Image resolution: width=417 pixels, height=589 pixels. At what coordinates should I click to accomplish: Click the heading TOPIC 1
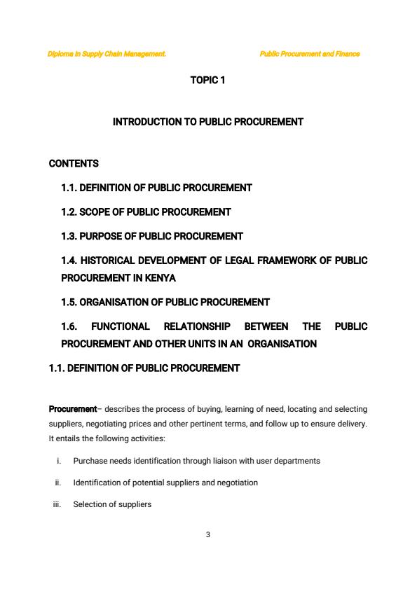pyautogui.click(x=207, y=81)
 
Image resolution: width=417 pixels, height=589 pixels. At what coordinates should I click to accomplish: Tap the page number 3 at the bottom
pyautogui.click(x=208, y=535)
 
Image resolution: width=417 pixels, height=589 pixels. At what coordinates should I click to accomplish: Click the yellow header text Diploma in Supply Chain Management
pyautogui.click(x=107, y=54)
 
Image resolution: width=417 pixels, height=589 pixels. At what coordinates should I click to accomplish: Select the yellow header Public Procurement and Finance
pyautogui.click(x=309, y=54)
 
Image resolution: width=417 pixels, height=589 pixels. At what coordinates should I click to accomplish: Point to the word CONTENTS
pyautogui.click(x=74, y=164)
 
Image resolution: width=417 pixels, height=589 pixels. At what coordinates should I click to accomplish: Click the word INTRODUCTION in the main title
pyautogui.click(x=146, y=122)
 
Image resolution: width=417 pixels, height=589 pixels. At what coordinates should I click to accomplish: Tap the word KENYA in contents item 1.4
pyautogui.click(x=160, y=278)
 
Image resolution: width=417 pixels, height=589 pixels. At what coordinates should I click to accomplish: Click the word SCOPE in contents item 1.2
pyautogui.click(x=95, y=212)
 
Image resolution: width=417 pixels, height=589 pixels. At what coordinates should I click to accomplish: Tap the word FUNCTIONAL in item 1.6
pyautogui.click(x=120, y=326)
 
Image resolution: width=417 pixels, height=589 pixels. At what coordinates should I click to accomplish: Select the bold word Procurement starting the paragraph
pyautogui.click(x=72, y=409)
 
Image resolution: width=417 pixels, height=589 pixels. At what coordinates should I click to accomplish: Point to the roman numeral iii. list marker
pyautogui.click(x=57, y=504)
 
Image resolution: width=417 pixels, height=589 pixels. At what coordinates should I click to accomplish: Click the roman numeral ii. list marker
pyautogui.click(x=58, y=483)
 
